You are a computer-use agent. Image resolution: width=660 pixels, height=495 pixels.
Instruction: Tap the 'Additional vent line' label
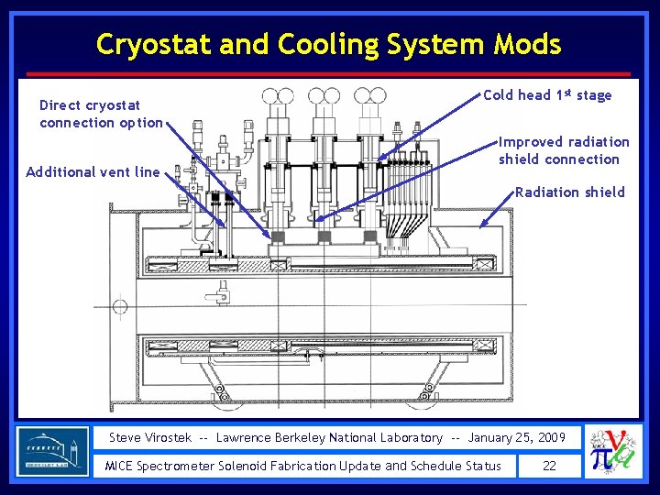point(93,171)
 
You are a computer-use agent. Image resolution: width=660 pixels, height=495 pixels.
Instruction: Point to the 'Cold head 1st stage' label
point(547,94)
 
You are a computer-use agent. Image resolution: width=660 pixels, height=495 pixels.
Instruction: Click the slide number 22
point(549,466)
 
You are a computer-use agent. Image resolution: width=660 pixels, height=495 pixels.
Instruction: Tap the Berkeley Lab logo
point(53,451)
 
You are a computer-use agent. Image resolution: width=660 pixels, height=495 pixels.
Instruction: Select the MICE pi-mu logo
point(613,451)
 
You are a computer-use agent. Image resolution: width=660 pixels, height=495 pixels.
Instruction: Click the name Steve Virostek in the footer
point(150,438)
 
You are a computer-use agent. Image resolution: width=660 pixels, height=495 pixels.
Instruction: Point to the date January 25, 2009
point(517,438)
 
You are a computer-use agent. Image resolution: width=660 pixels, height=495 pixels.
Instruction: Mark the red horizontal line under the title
point(329,73)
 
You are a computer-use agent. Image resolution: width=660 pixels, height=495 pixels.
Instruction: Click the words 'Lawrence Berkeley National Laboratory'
point(329,438)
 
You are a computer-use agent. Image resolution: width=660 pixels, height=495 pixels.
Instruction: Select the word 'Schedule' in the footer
point(437,466)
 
